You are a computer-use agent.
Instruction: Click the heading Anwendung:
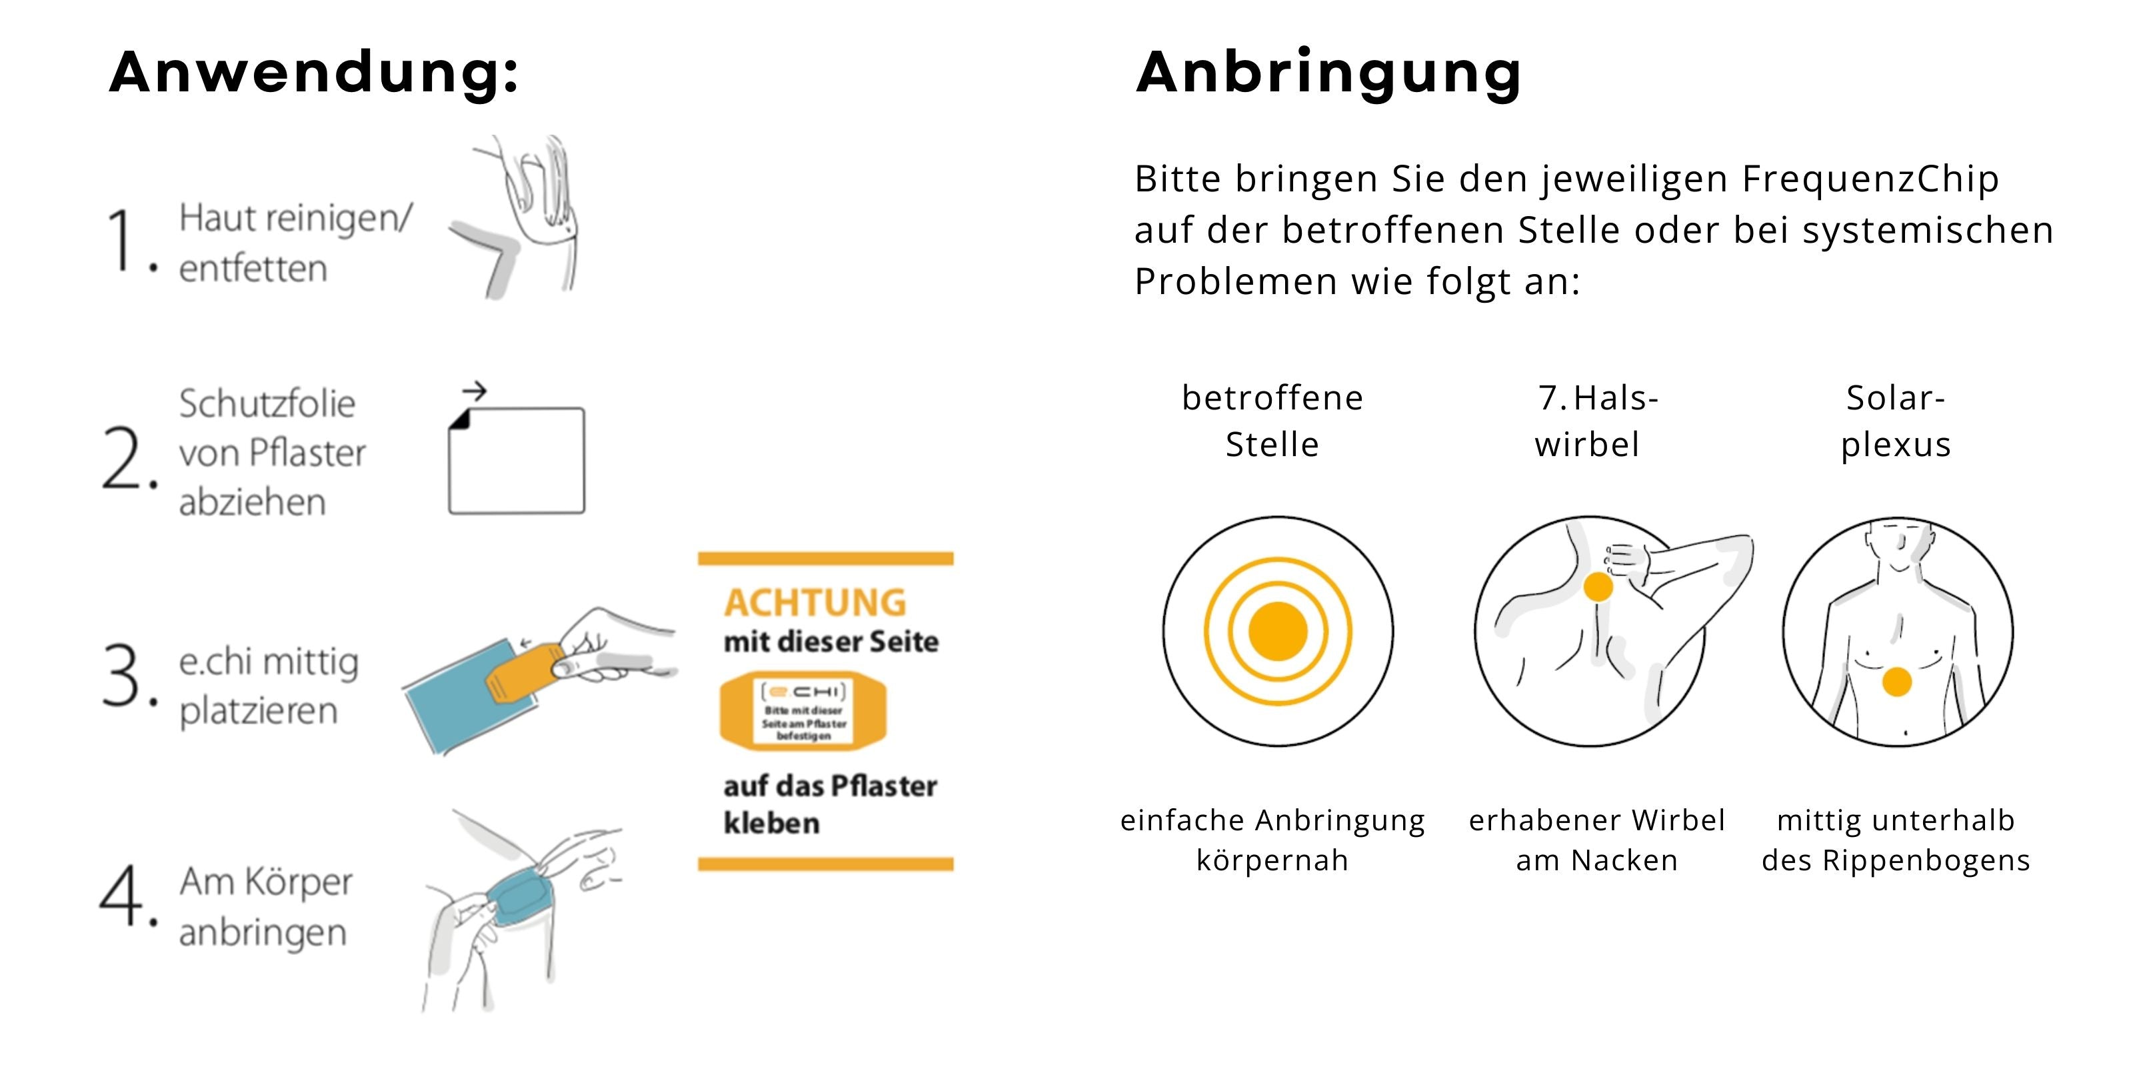[x=314, y=72]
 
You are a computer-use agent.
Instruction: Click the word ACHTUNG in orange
[x=816, y=602]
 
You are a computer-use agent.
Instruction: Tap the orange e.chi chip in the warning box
[x=803, y=711]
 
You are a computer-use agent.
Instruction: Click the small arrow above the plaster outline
[x=475, y=390]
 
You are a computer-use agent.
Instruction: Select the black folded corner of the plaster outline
[x=459, y=420]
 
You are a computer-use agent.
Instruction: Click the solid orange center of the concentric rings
[x=1278, y=632]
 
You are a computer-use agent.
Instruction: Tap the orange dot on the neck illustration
[x=1598, y=587]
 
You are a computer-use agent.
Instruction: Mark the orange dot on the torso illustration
[x=1897, y=682]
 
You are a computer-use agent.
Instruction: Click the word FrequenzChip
[x=1870, y=179]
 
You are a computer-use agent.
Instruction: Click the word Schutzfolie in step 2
[x=267, y=403]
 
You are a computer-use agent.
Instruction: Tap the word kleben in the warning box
[x=772, y=823]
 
